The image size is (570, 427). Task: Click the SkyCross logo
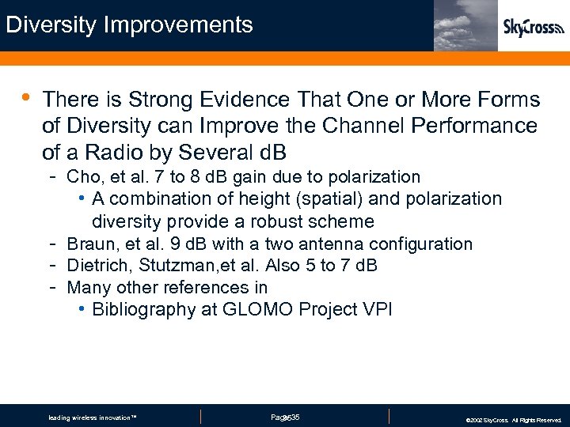pyautogui.click(x=534, y=28)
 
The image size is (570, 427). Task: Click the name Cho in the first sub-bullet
pyautogui.click(x=84, y=176)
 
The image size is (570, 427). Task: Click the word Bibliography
pyautogui.click(x=143, y=309)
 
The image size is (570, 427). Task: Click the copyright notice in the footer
pyautogui.click(x=513, y=420)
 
